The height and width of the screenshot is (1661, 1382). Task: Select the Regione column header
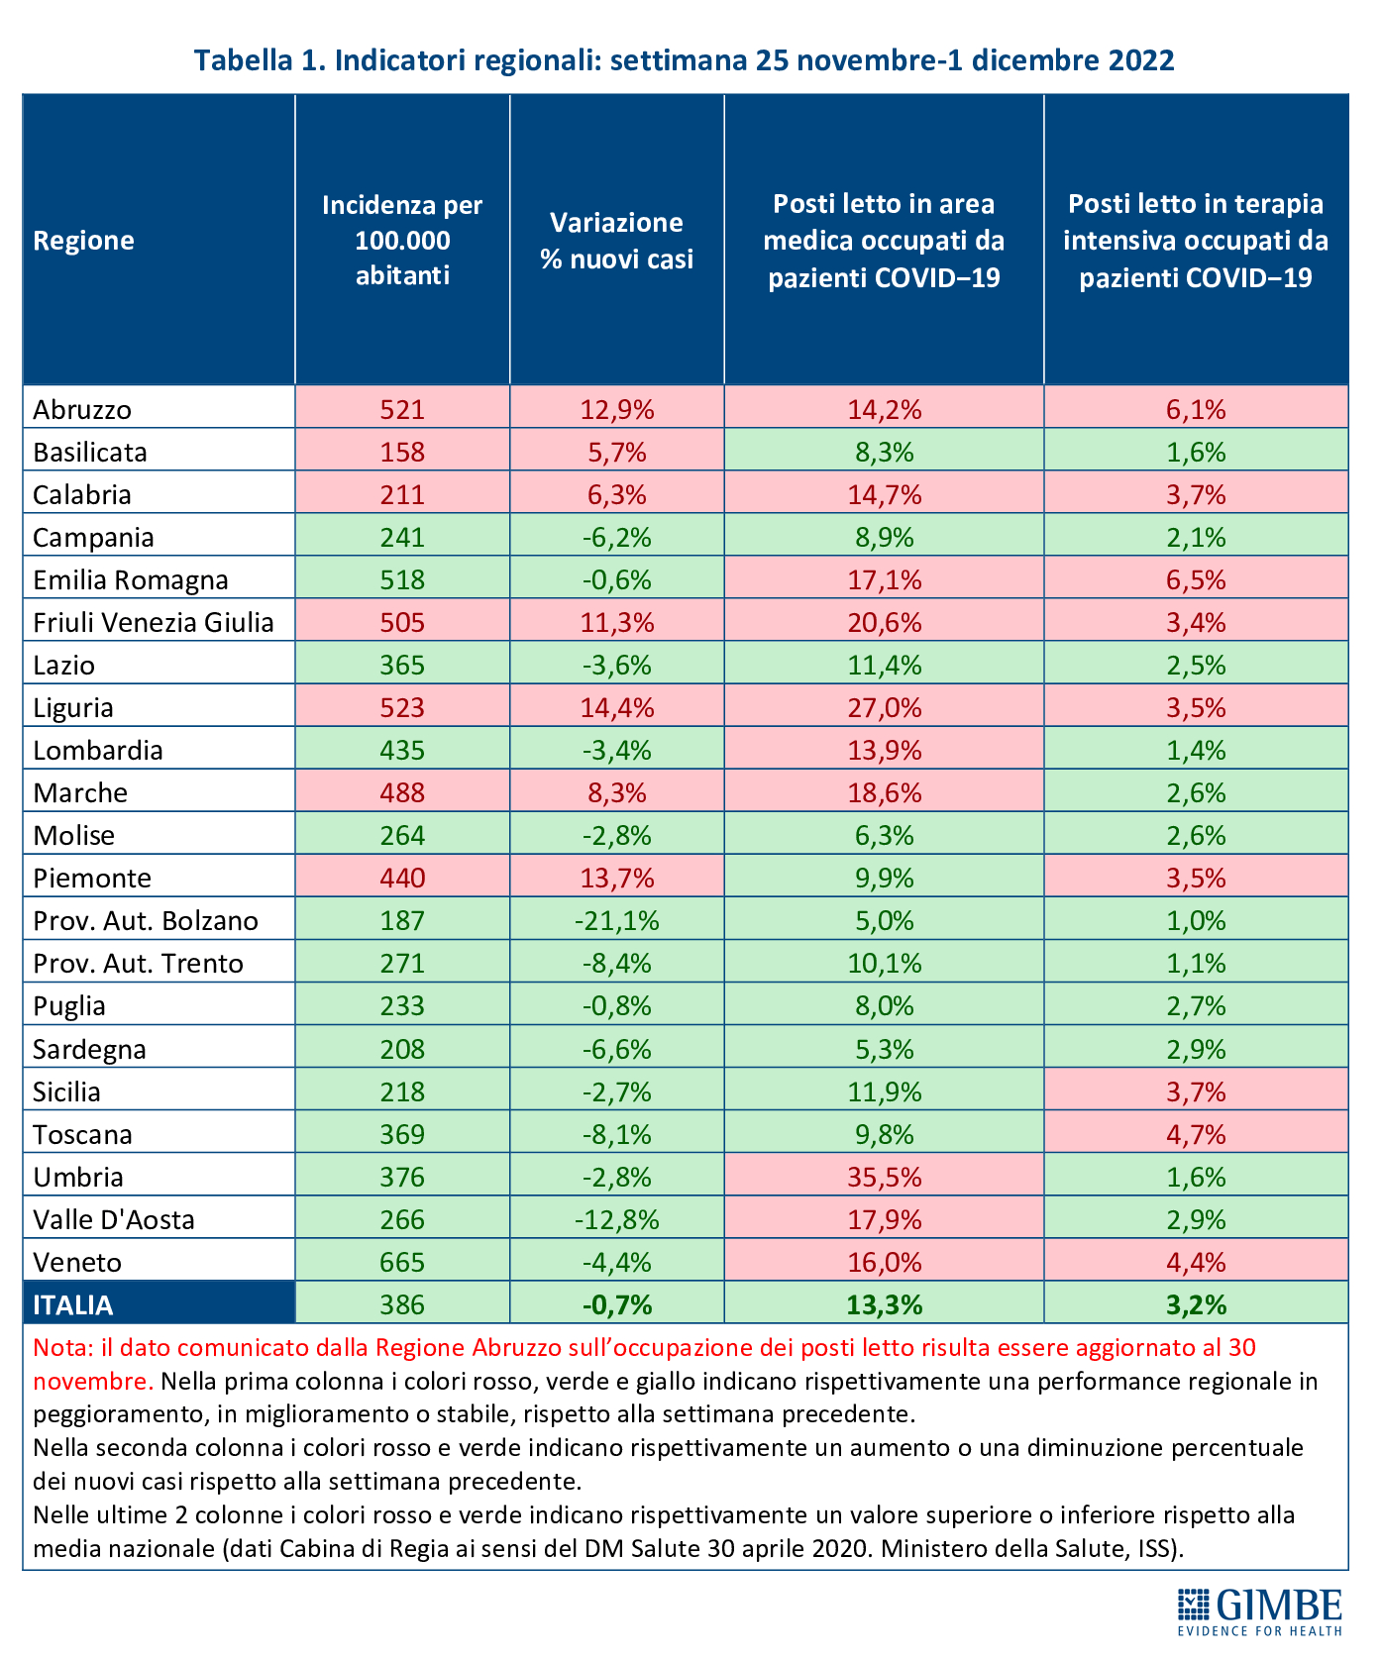pyautogui.click(x=84, y=241)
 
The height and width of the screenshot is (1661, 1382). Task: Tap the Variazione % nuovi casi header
pyautogui.click(x=616, y=241)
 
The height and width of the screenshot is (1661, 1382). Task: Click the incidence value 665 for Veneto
pyautogui.click(x=402, y=1262)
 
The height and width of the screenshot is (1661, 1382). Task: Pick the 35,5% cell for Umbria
pyautogui.click(x=884, y=1177)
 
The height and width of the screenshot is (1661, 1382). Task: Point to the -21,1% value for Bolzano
pyautogui.click(x=616, y=921)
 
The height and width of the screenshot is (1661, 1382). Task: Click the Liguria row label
pyautogui.click(x=73, y=708)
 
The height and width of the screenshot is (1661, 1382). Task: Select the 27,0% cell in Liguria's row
pyautogui.click(x=884, y=708)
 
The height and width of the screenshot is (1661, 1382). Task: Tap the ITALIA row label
pyautogui.click(x=73, y=1305)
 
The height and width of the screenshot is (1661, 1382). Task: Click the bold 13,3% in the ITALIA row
pyautogui.click(x=884, y=1305)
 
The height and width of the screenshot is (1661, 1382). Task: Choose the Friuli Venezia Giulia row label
pyautogui.click(x=154, y=623)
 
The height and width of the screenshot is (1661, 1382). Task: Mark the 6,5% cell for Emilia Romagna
pyautogui.click(x=1196, y=580)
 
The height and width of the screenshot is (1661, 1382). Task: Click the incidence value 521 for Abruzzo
pyautogui.click(x=402, y=410)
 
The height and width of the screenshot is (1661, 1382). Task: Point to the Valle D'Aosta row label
pyautogui.click(x=114, y=1219)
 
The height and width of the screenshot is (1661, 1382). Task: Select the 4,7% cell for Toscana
pyautogui.click(x=1196, y=1134)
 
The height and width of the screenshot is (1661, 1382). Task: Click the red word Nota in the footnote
pyautogui.click(x=59, y=1348)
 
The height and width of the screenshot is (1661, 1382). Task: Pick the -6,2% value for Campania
pyautogui.click(x=616, y=538)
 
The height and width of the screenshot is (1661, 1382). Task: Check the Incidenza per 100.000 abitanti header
pyautogui.click(x=402, y=241)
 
